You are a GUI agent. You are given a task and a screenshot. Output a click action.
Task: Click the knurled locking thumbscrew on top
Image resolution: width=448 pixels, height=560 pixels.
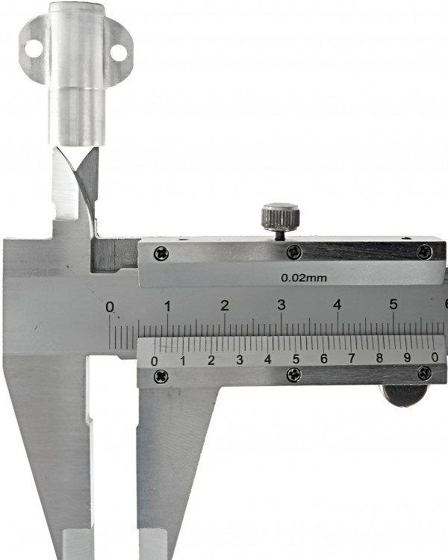[x=281, y=217]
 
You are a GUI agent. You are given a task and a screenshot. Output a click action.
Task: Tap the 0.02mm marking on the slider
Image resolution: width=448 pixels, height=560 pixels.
[x=304, y=278]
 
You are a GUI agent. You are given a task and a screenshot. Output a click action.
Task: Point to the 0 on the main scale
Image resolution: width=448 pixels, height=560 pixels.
[x=110, y=307]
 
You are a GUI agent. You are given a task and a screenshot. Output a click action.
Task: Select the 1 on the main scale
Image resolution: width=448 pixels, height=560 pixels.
[x=167, y=306]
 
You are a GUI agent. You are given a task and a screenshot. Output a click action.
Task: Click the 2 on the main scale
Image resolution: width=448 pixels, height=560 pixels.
[x=224, y=305]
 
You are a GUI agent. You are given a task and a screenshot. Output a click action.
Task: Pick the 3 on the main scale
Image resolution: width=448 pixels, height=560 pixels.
[x=281, y=305]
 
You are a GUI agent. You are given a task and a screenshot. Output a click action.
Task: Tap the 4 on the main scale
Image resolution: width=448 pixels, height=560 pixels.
[x=337, y=305]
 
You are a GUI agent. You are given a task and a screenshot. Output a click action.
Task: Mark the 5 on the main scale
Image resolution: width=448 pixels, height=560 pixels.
[x=393, y=305]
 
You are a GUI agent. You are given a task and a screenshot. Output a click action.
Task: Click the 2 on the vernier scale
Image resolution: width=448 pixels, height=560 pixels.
[x=211, y=360]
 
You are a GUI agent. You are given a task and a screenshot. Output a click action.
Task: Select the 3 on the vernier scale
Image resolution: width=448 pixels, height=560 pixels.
[x=240, y=360]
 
